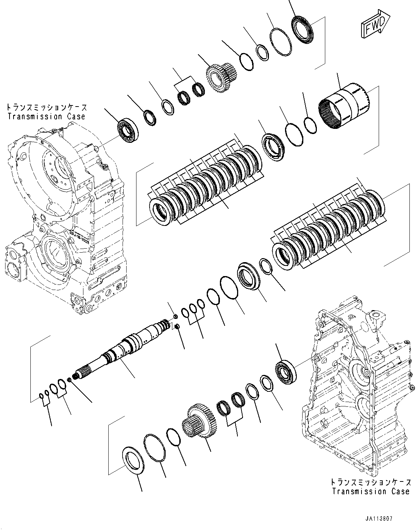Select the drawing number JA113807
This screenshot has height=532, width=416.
378,519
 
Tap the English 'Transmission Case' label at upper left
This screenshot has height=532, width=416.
46,117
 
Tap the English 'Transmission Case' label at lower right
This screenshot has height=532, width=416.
371,491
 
